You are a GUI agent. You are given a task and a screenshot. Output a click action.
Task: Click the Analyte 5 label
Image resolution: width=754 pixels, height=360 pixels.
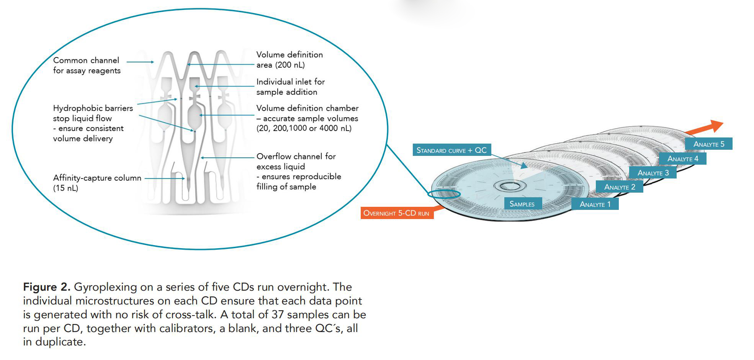709,144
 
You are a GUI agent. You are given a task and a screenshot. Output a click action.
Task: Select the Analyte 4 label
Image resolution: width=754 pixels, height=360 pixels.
683,159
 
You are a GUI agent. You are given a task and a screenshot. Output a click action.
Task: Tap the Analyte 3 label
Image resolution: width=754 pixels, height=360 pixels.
653,173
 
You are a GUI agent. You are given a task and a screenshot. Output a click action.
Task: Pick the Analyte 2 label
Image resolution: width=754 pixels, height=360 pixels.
620,187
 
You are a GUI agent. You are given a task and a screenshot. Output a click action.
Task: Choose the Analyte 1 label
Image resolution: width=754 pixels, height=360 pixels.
595,204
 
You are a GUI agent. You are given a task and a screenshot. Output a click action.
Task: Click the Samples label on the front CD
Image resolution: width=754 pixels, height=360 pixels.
522,204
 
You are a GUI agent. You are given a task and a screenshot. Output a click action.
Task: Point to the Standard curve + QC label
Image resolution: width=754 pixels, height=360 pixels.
451,150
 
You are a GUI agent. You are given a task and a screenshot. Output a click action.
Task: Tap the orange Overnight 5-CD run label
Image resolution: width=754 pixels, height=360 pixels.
397,213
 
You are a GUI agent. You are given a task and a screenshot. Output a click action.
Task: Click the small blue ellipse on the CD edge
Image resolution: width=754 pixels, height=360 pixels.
444,193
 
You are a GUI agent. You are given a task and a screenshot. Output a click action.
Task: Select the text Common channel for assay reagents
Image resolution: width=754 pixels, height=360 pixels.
87,65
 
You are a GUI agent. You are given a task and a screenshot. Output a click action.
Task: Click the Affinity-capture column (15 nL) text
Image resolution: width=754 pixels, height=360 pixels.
97,183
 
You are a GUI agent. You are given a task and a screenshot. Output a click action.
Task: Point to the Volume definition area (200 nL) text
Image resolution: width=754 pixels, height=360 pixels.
289,60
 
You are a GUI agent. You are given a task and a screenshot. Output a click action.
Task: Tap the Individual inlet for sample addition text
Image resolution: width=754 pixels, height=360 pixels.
291,87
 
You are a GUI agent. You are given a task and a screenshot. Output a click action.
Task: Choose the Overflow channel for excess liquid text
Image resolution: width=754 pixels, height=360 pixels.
296,161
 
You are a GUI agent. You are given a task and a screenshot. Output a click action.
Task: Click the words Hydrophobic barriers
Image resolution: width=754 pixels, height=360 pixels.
93,108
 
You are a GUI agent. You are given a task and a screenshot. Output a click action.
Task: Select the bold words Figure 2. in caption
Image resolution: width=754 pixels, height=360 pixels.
47,287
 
